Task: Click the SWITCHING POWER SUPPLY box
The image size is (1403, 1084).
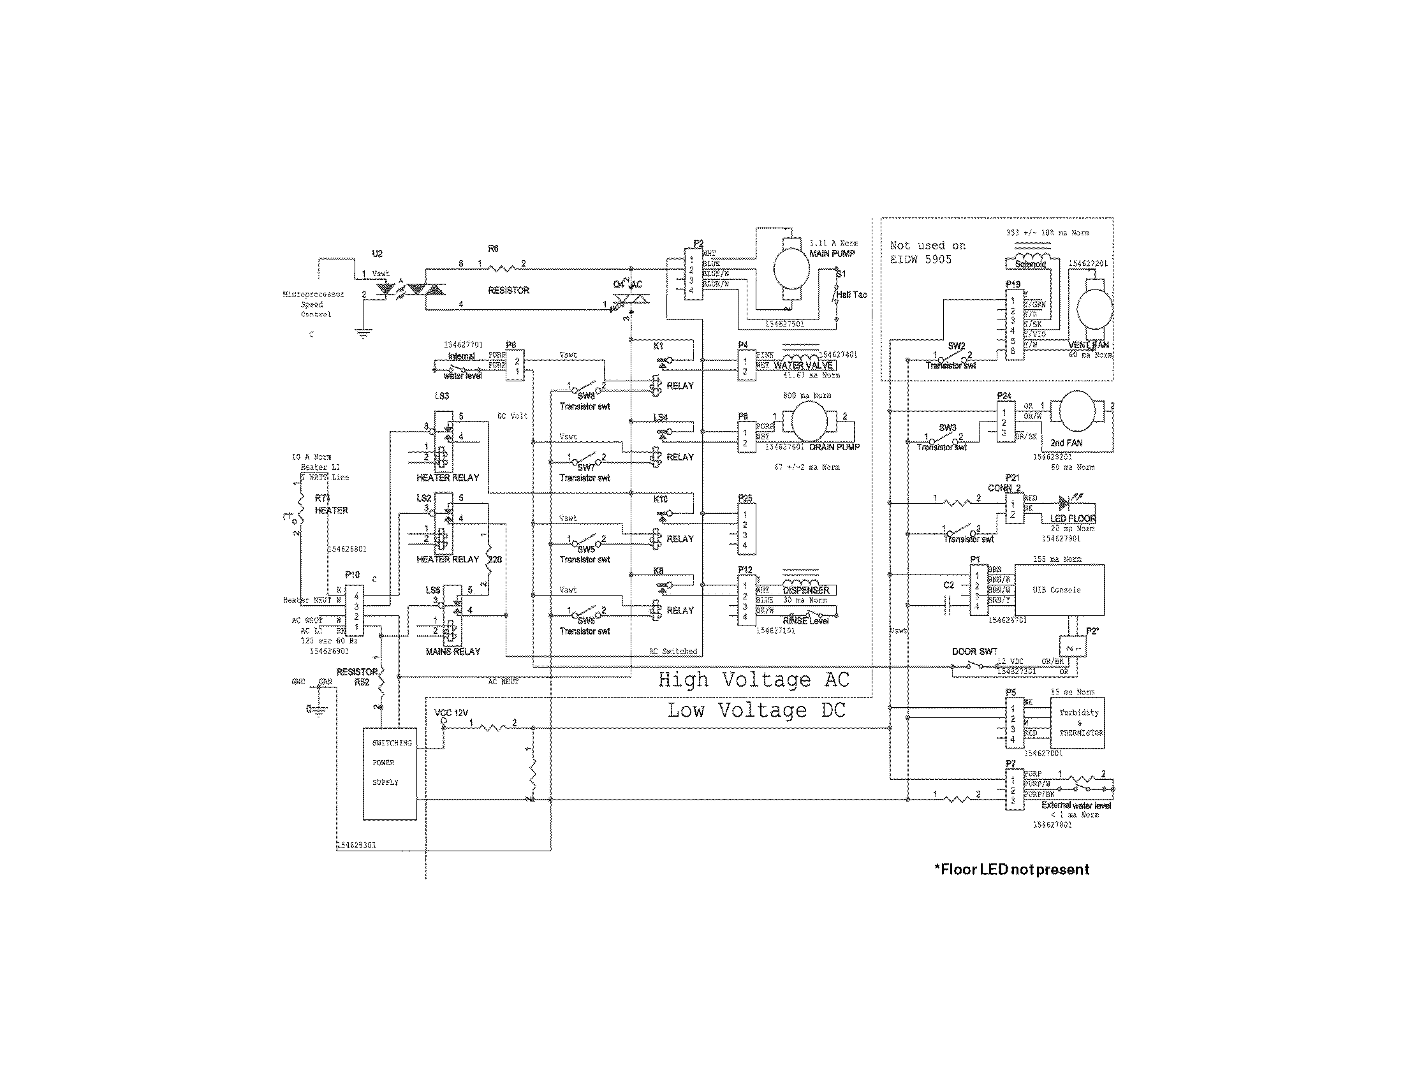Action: coord(389,773)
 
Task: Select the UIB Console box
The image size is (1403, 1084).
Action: coord(1059,590)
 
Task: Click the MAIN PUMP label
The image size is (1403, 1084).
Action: coord(832,254)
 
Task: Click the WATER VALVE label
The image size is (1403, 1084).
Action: coord(803,365)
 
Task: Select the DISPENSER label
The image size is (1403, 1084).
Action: coord(805,590)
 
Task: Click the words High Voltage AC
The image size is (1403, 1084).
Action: coord(754,680)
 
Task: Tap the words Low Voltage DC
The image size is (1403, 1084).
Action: coord(756,710)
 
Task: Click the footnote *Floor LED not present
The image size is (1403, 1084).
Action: coord(1012,870)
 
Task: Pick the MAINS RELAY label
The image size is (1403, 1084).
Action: coord(453,651)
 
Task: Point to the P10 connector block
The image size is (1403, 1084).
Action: coord(355,610)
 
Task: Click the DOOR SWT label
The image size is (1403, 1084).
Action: coord(974,651)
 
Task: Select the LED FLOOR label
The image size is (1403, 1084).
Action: coord(1073,518)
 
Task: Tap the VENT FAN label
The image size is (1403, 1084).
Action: coord(1088,345)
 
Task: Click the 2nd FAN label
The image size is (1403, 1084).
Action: coord(1066,443)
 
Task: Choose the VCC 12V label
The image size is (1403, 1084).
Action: coord(452,713)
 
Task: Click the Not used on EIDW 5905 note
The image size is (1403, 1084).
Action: coord(928,253)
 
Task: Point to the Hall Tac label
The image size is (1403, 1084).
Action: coord(852,295)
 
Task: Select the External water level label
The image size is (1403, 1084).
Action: coord(1076,805)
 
